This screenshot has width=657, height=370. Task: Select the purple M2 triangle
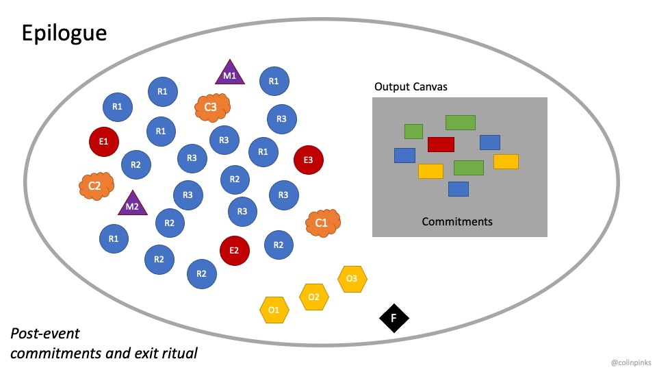click(133, 205)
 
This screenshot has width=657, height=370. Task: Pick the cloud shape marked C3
click(211, 106)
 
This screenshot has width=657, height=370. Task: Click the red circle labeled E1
click(104, 142)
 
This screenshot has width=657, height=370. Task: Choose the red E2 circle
click(234, 250)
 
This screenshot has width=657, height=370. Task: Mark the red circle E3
click(309, 160)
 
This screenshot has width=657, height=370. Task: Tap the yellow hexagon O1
click(274, 310)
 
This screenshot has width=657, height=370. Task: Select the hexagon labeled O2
click(314, 297)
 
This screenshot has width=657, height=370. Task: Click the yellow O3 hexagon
click(352, 279)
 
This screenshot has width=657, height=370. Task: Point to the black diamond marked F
click(394, 318)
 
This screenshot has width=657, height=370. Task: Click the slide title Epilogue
click(64, 33)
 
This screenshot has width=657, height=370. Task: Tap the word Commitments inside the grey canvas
click(457, 221)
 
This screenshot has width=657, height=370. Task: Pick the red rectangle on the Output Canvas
click(441, 145)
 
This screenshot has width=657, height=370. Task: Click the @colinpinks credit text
click(631, 361)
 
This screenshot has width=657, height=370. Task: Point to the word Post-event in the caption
click(45, 334)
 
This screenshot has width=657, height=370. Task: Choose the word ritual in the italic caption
click(179, 354)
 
